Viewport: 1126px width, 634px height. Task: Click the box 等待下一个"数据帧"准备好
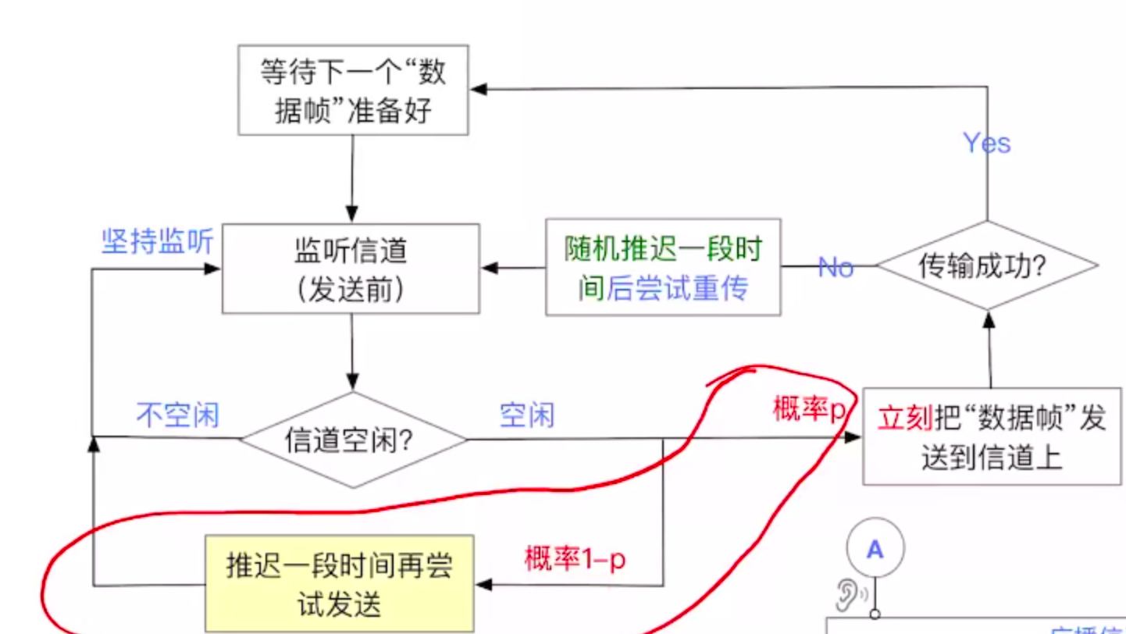tap(353, 90)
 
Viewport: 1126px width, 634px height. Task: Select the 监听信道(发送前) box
tap(351, 269)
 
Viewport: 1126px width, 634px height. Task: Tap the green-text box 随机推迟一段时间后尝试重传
tap(663, 268)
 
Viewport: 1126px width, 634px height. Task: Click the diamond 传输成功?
tap(987, 266)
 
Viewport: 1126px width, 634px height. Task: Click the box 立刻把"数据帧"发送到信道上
tap(992, 437)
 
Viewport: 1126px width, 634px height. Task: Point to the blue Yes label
tap(986, 143)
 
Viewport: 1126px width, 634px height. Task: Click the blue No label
tap(836, 268)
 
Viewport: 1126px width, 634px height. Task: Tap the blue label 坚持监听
tap(157, 242)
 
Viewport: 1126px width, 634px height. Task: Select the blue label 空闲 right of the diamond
tap(527, 415)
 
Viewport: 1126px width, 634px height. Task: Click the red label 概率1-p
tap(575, 559)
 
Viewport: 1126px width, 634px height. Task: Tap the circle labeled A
tap(875, 549)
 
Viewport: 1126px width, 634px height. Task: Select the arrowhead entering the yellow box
tap(483, 585)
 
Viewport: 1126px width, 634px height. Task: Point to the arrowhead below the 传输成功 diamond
tap(989, 319)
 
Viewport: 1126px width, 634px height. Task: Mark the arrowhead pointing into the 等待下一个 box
tap(478, 89)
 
